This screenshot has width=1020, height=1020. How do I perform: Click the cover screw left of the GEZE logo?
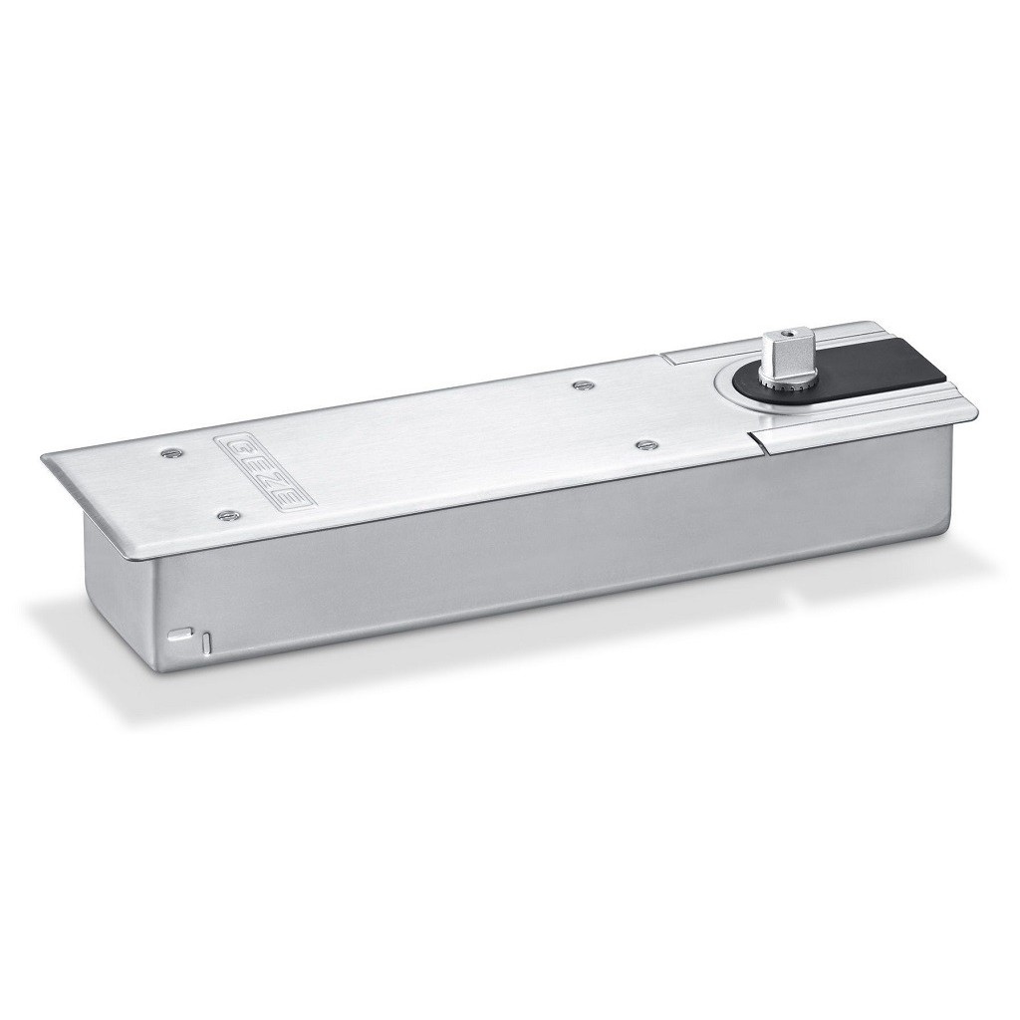tap(171, 451)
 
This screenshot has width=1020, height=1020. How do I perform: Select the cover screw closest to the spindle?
tap(645, 444)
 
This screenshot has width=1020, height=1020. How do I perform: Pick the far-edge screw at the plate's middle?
tap(582, 385)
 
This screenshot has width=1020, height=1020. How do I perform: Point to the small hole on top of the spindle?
tap(789, 335)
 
